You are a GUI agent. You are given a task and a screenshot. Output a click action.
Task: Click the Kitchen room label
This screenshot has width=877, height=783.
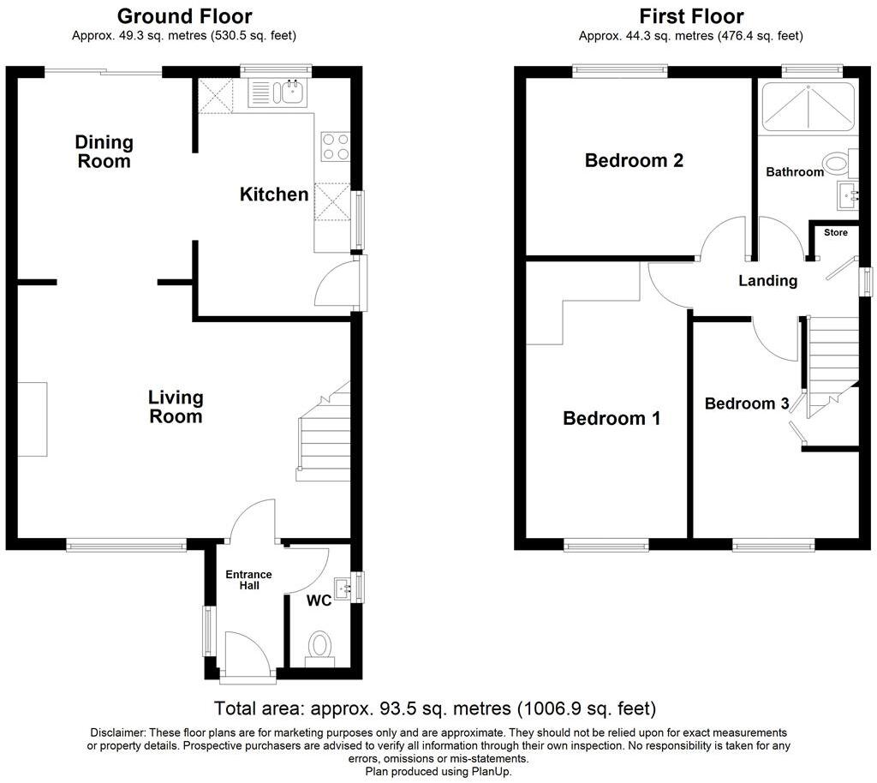273,194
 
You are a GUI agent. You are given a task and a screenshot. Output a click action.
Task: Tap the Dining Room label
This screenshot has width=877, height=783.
104,151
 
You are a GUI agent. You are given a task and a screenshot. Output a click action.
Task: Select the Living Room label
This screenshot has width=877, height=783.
176,407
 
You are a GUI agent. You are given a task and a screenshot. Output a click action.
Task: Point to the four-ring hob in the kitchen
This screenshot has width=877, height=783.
334,146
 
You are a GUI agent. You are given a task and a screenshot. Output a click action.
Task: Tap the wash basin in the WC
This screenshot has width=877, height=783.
343,588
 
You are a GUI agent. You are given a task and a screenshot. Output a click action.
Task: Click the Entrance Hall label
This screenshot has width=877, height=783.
248,580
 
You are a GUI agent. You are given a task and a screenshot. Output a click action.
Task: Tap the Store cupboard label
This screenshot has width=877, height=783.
835,233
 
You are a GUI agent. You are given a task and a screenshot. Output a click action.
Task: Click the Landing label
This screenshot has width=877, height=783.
767,280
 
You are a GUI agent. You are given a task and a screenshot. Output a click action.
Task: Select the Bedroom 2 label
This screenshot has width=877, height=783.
634,160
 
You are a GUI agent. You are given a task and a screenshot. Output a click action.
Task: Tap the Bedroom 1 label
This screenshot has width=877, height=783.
612,418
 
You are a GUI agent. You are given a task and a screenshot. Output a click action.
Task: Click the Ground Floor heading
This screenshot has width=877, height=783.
184,15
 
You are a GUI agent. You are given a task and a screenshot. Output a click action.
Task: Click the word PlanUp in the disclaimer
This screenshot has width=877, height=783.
493,771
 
